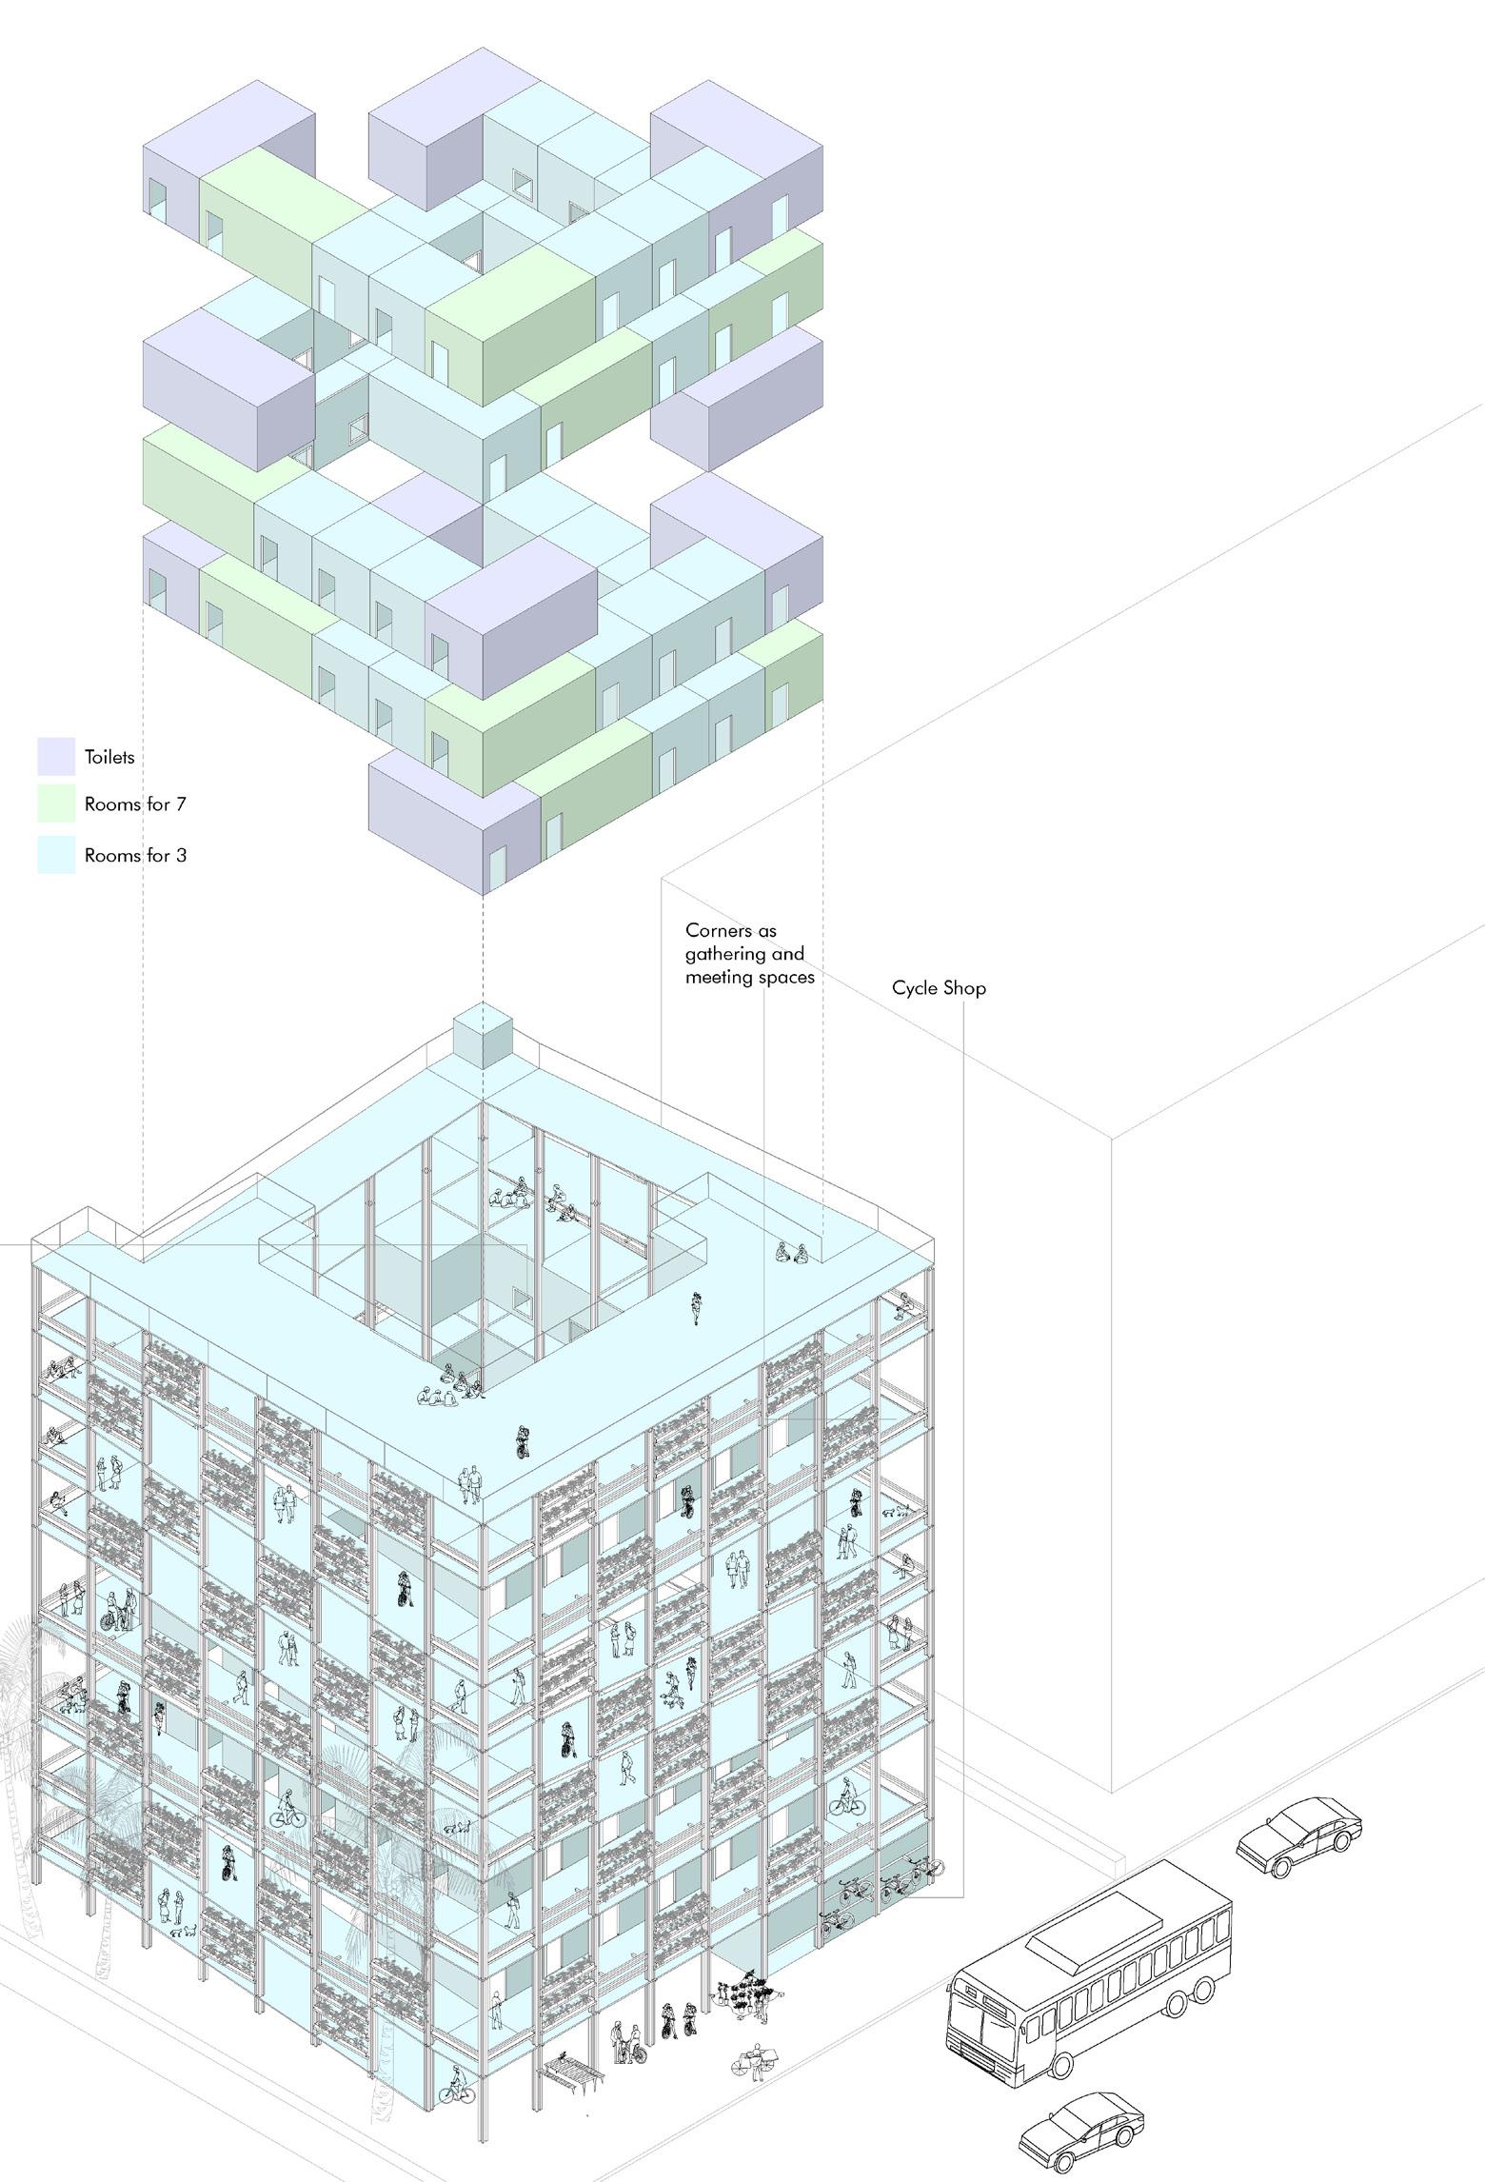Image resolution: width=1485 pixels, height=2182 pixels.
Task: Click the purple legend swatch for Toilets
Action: (x=56, y=756)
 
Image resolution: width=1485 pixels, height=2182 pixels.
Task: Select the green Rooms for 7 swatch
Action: (x=56, y=803)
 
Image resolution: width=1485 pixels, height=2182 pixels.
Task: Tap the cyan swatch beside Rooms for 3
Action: (x=56, y=854)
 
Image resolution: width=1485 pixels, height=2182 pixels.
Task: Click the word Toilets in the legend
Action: (x=109, y=757)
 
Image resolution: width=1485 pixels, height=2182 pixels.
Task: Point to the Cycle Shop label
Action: (x=939, y=988)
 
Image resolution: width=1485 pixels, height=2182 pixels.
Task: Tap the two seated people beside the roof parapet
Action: (x=792, y=1252)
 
